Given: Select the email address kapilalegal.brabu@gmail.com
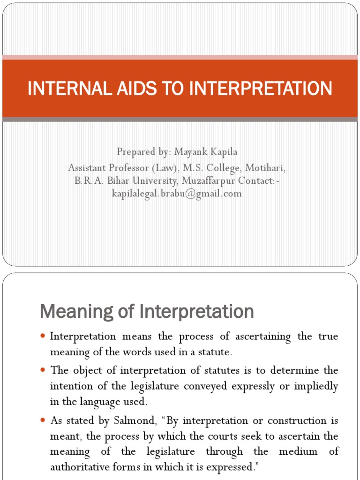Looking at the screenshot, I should click(177, 193).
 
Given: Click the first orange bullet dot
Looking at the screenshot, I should click(43, 337).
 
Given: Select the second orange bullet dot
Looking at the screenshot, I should click(43, 370).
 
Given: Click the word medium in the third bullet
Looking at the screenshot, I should click(291, 452).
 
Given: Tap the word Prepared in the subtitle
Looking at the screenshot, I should click(135, 152).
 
